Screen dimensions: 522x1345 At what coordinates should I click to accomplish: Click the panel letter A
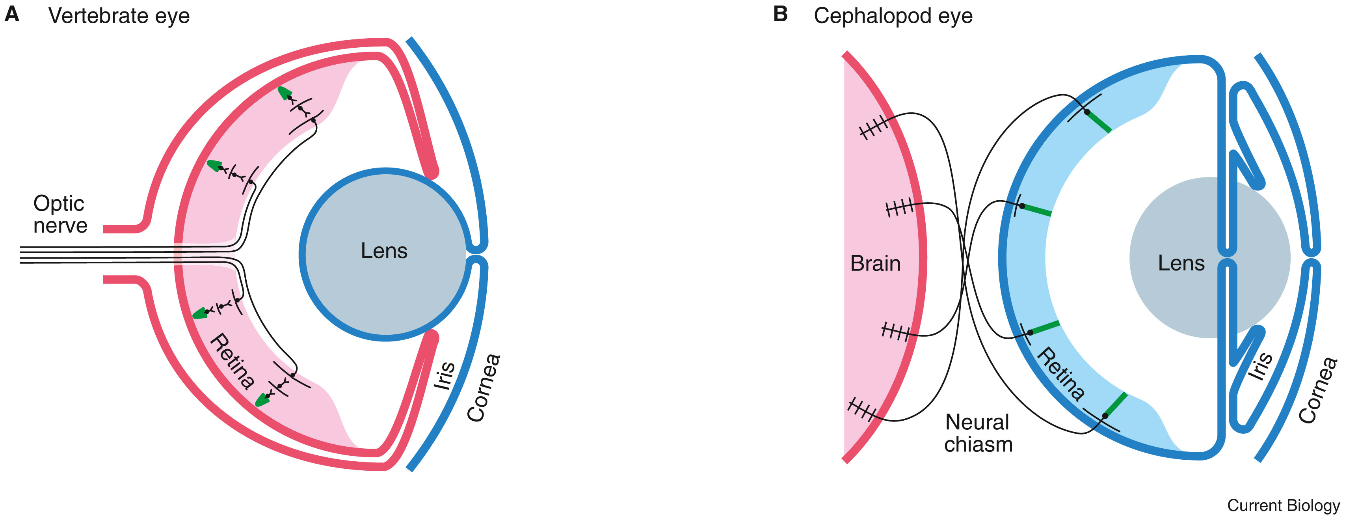(x=11, y=15)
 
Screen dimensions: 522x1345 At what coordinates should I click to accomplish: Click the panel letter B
(x=780, y=14)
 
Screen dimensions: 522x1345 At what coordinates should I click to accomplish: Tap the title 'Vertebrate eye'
(x=119, y=16)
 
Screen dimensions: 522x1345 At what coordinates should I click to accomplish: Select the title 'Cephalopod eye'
(x=893, y=16)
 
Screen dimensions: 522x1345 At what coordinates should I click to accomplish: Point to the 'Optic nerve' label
(x=60, y=214)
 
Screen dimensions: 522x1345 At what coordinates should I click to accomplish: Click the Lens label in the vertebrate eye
(x=384, y=251)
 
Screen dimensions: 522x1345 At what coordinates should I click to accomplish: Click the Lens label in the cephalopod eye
(x=1181, y=263)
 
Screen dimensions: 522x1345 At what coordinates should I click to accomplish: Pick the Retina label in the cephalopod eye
(x=1061, y=374)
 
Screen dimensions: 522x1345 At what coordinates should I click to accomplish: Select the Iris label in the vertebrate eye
(x=445, y=375)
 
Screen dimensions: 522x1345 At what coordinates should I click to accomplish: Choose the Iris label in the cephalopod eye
(x=1260, y=366)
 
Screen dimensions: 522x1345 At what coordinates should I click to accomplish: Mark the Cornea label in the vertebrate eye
(x=484, y=387)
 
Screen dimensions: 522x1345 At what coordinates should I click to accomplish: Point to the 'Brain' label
(x=875, y=263)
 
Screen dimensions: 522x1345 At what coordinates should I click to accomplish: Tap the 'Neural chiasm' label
(x=978, y=433)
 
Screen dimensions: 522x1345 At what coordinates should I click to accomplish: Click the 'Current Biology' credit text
(x=1283, y=505)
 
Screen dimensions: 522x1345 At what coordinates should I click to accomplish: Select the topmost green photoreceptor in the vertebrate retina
(x=285, y=93)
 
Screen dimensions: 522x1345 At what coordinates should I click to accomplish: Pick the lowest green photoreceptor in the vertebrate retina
(x=262, y=400)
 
